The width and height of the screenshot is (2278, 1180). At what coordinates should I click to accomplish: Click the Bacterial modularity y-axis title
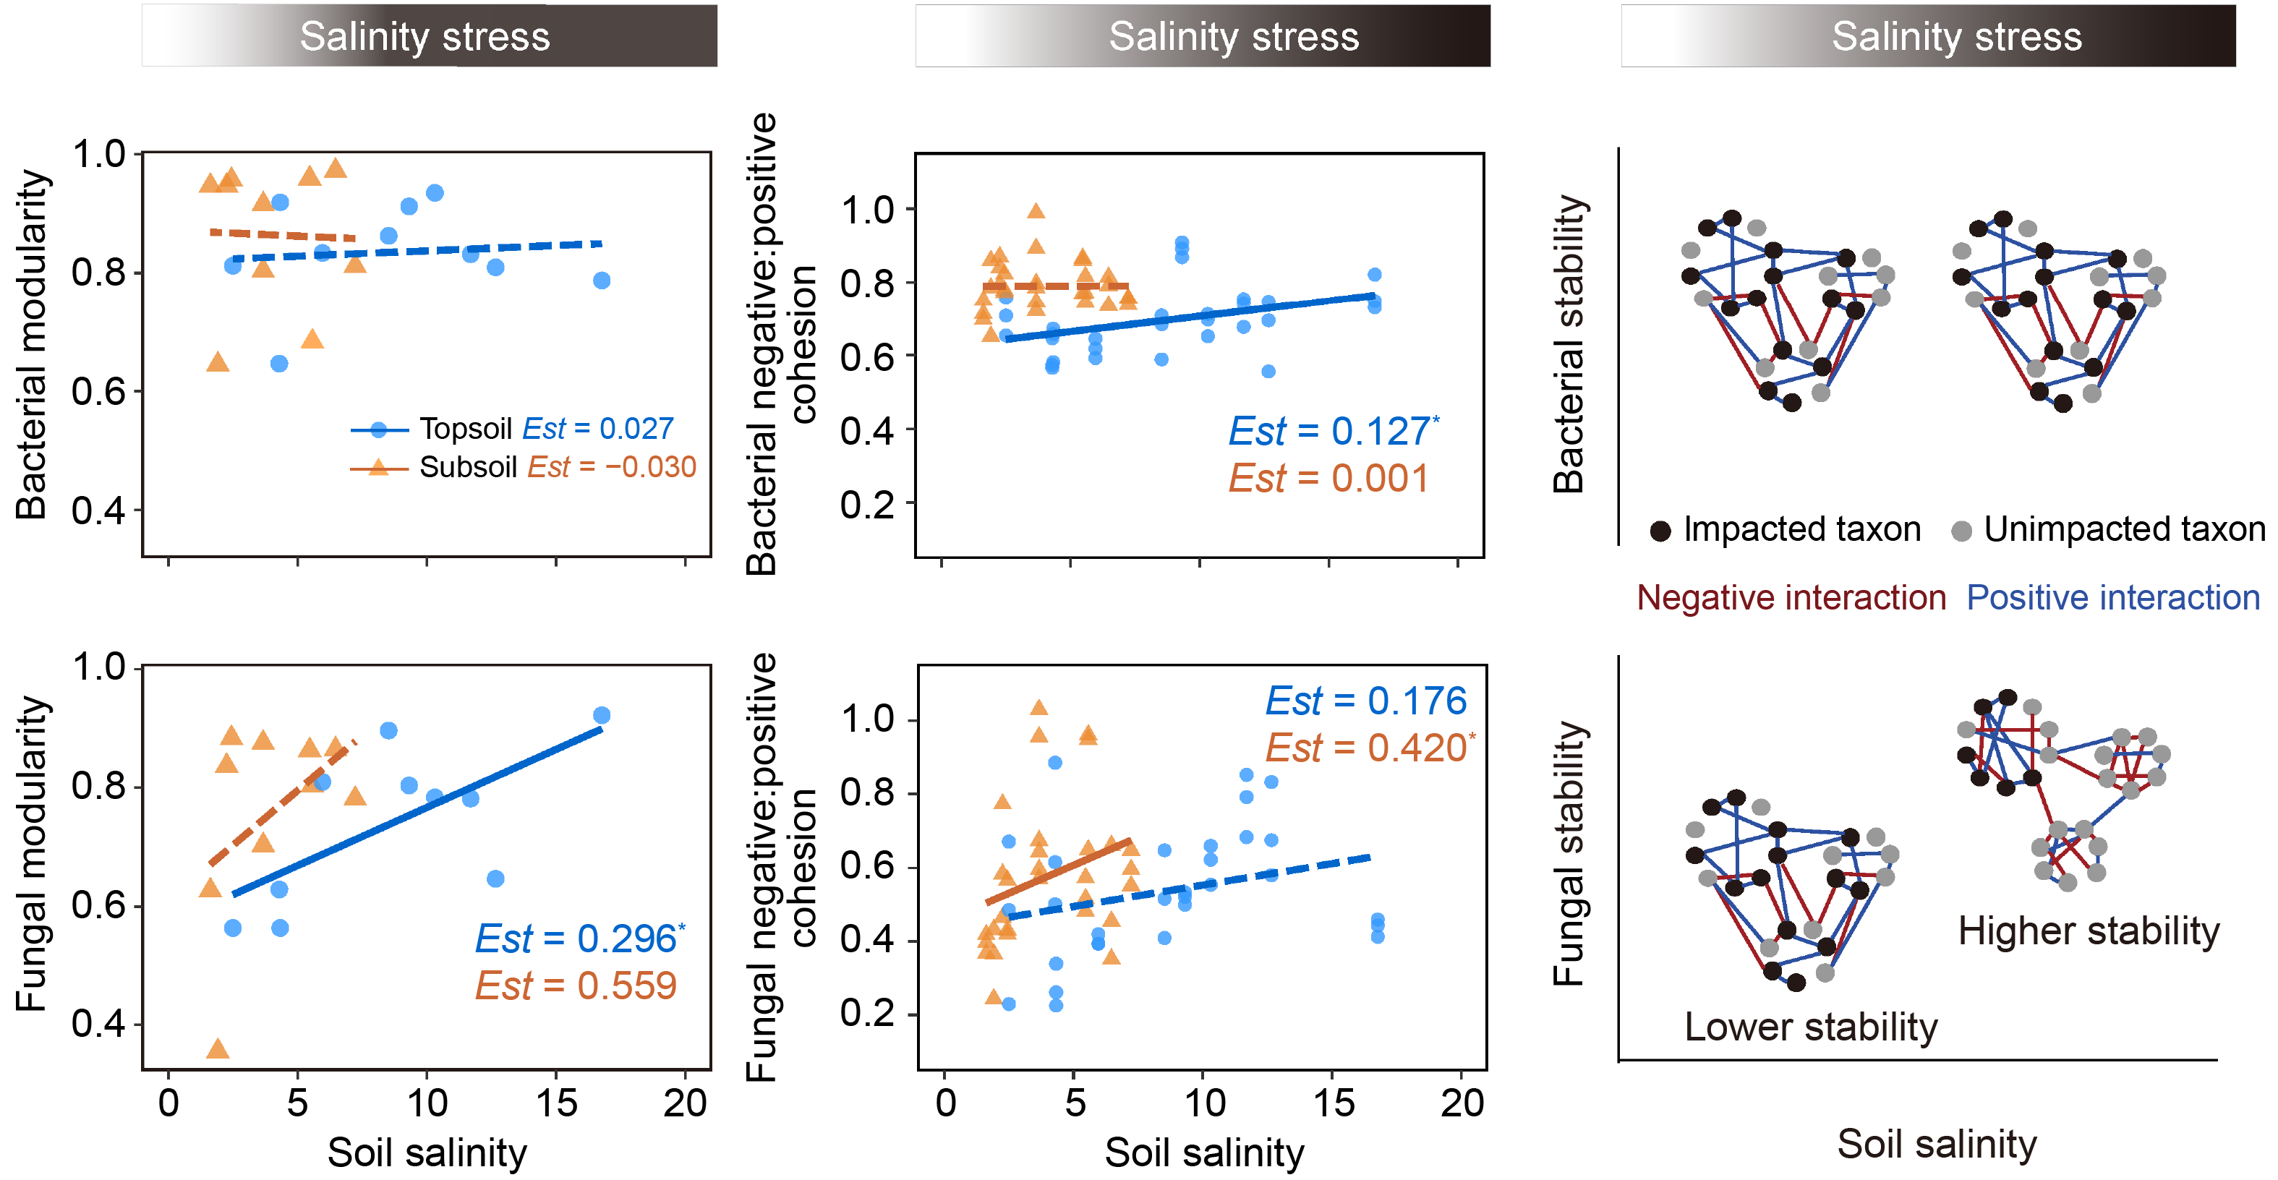(32, 345)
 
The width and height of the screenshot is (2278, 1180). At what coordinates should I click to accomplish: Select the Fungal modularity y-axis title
(32, 854)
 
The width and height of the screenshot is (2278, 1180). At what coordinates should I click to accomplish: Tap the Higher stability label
(2088, 931)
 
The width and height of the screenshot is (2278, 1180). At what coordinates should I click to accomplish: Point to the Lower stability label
(1810, 1027)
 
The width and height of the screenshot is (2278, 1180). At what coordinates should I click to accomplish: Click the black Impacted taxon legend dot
(1660, 531)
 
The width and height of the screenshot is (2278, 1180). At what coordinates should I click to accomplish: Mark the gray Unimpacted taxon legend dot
(1961, 531)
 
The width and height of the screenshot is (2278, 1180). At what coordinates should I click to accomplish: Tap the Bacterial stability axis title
(1570, 345)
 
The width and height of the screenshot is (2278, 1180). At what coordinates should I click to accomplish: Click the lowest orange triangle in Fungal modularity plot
(218, 1049)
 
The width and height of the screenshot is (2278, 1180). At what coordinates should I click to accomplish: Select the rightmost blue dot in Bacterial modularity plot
(602, 281)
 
